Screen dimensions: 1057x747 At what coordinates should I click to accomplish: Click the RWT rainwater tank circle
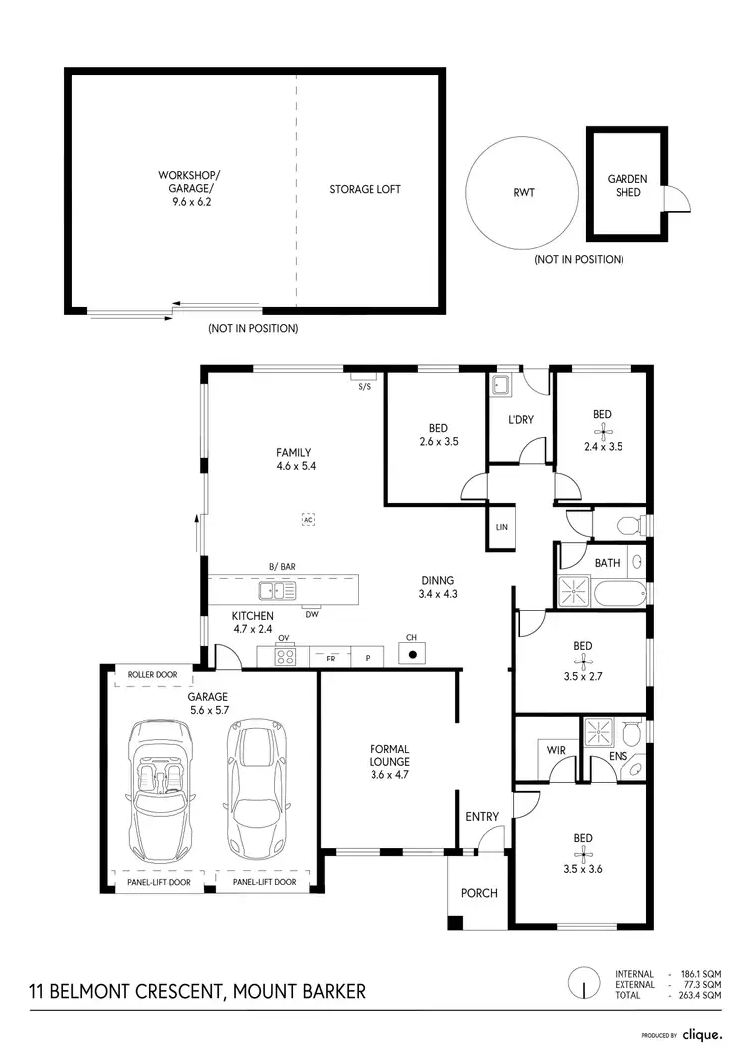(523, 192)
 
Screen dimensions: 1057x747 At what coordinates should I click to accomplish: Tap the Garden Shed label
(627, 186)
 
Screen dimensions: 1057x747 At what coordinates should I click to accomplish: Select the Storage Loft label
(365, 188)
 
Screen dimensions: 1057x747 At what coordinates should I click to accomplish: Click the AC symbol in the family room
(308, 519)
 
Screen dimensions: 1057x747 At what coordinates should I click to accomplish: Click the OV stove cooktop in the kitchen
(284, 657)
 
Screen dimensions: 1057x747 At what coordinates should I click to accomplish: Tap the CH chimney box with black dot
(411, 654)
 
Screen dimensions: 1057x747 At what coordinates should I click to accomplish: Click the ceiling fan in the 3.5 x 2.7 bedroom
(583, 660)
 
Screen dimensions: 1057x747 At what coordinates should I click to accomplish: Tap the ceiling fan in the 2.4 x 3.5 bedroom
(601, 431)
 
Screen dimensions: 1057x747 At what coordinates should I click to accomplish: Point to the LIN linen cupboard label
(501, 526)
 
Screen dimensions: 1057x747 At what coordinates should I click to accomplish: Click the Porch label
(480, 893)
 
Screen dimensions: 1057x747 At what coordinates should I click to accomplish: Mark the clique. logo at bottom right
(702, 1035)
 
